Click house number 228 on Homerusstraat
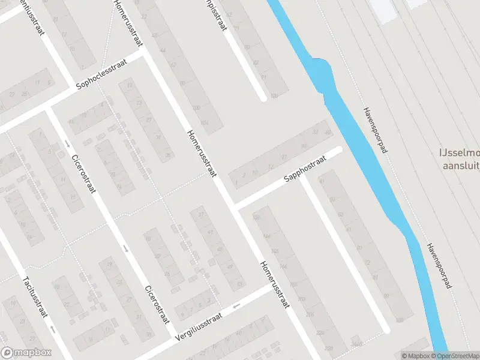310,314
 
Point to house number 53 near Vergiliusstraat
239,283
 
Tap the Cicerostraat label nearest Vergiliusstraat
155,304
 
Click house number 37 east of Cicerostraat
202,215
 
